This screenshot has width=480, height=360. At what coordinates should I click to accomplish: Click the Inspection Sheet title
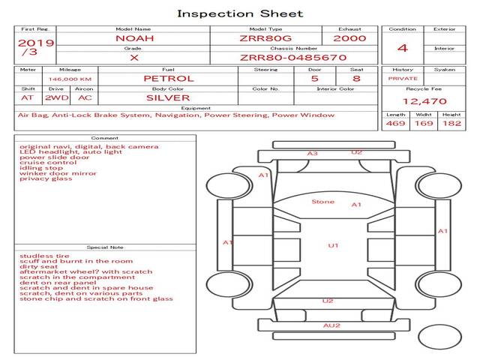click(240, 13)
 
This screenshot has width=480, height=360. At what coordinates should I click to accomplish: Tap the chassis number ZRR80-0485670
click(292, 57)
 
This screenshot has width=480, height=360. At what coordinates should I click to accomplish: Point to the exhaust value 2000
click(349, 37)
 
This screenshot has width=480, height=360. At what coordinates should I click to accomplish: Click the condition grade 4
click(403, 48)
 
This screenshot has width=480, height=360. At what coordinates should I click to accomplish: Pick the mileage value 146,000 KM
click(70, 78)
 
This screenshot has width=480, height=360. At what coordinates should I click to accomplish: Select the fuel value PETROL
click(168, 78)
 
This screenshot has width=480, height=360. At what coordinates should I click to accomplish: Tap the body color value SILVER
click(168, 97)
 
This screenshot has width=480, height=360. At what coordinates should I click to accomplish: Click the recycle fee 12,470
click(424, 101)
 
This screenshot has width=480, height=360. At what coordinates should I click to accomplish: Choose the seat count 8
click(356, 78)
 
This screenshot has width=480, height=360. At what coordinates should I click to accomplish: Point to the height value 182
click(451, 123)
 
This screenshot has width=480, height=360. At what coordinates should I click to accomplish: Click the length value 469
click(396, 123)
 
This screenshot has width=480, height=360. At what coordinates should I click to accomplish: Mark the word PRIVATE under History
click(403, 78)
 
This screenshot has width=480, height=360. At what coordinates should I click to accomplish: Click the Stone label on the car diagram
click(323, 202)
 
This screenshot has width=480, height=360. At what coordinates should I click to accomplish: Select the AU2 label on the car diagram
click(331, 325)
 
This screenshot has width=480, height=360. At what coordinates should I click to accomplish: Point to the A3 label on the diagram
click(312, 154)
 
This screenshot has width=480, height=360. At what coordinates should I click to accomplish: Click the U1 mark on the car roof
click(334, 245)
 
